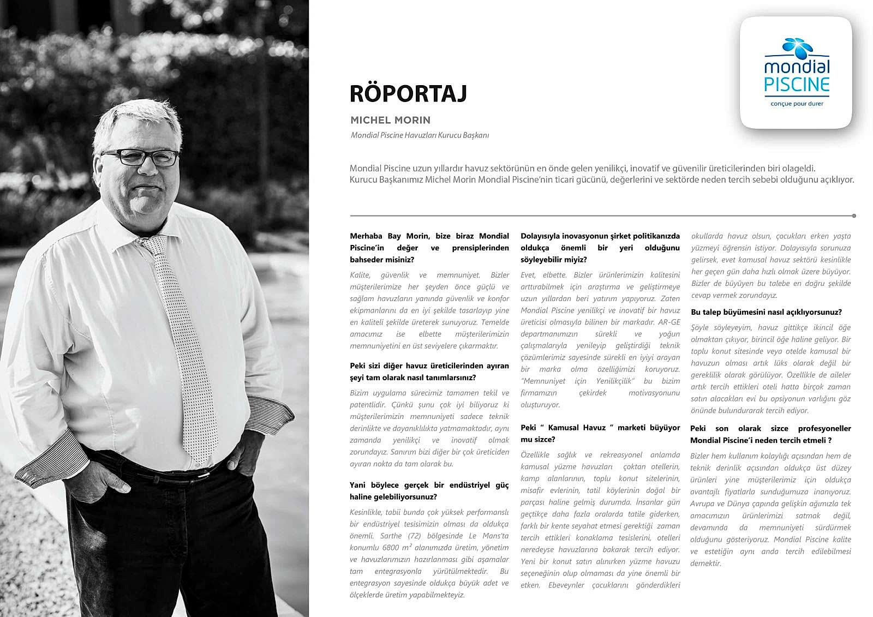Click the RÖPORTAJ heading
408,93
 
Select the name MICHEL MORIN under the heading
390,120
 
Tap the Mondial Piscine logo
796,73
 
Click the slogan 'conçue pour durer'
797,104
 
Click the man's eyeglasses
140,157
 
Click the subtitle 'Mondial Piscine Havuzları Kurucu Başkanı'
420,135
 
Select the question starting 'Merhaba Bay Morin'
429,248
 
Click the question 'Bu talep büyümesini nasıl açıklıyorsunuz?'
766,312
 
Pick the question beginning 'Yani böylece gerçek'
429,490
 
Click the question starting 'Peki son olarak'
770,434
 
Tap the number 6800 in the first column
391,548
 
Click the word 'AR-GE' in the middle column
669,322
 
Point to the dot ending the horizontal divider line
854,216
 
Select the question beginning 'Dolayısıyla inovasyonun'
600,248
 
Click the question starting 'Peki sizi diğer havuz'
429,372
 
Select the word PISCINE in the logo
797,85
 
